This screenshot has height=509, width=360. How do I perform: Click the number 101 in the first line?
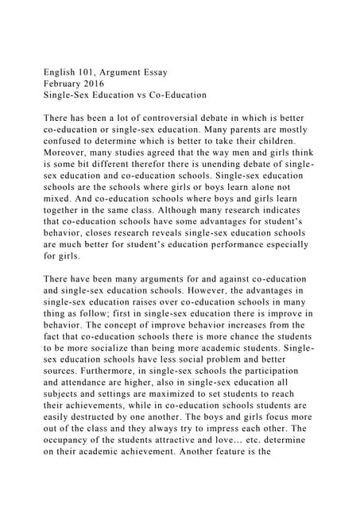(x=96, y=72)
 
